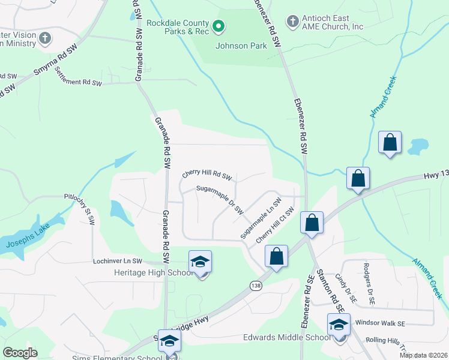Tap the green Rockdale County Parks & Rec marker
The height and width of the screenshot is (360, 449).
pyautogui.click(x=219, y=26)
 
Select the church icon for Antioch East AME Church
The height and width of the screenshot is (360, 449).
pyautogui.click(x=292, y=22)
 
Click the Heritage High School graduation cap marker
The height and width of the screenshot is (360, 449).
pyautogui.click(x=200, y=262)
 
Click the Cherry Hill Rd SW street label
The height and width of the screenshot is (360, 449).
pyautogui.click(x=206, y=176)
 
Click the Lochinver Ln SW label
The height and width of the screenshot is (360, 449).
pyautogui.click(x=118, y=262)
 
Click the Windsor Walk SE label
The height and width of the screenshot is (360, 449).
pyautogui.click(x=384, y=323)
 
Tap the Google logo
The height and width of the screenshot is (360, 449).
pyautogui.click(x=20, y=353)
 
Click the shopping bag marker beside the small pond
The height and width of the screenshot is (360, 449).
pyautogui.click(x=390, y=143)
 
